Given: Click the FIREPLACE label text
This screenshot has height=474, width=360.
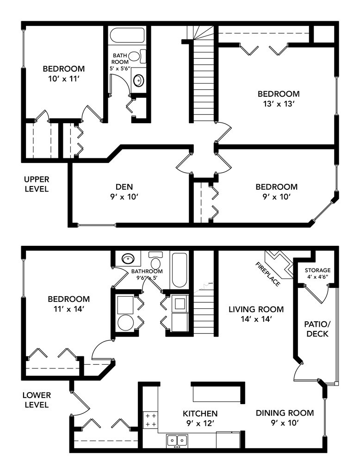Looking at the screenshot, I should click(268, 274).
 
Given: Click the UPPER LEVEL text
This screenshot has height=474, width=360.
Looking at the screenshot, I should click(37, 184).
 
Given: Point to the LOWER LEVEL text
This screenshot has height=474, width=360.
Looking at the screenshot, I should click(37, 400).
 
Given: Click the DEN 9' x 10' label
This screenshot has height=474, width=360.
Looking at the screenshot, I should click(124, 192).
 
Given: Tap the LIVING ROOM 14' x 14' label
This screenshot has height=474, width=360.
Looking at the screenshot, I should click(256, 314).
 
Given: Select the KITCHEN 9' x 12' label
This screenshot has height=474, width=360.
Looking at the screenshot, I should click(200, 418).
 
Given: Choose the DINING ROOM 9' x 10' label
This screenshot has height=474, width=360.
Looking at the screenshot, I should click(285, 418).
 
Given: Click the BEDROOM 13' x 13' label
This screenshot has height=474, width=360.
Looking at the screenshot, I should click(279, 99).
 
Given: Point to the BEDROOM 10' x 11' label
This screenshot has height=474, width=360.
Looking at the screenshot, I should click(64, 74).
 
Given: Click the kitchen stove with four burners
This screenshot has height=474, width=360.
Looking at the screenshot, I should click(150, 420).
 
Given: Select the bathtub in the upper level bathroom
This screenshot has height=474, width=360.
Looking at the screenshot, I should click(127, 36).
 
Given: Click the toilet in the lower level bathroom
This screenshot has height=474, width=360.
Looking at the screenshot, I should click(156, 261).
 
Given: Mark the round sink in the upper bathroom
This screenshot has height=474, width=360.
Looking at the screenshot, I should click(138, 81).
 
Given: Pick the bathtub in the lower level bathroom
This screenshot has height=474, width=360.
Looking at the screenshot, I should click(179, 269).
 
